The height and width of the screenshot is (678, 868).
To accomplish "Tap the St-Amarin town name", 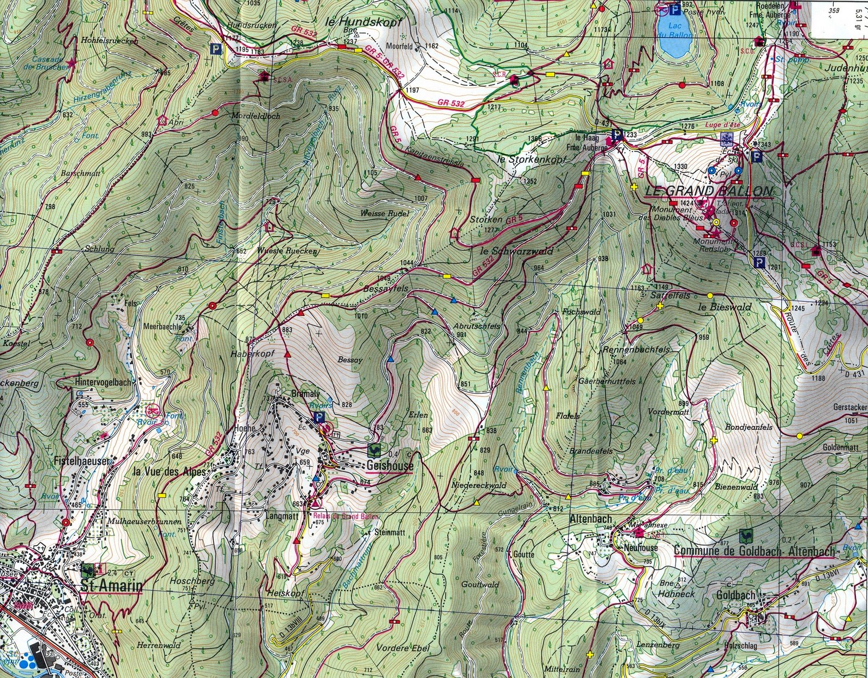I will pos(111,586).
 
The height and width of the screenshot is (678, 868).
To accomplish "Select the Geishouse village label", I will pos(390,466).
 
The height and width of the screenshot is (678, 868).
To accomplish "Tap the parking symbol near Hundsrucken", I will pos(217,48).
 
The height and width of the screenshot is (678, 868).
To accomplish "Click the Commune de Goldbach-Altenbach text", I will pos(754,551).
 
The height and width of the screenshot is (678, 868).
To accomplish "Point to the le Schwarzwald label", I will pos(516,251).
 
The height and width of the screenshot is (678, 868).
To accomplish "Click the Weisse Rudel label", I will pos(384,213).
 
